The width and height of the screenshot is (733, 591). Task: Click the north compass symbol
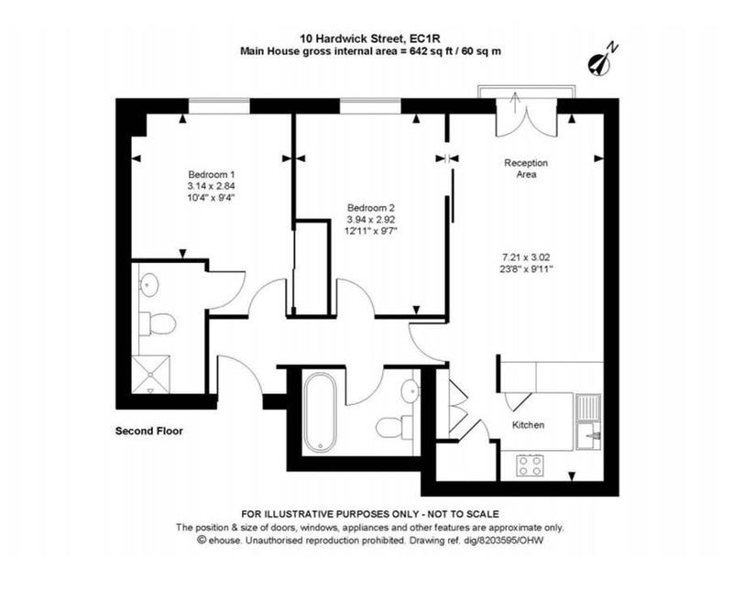pyautogui.click(x=602, y=60)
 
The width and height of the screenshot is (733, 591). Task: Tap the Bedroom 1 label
pyautogui.click(x=212, y=174)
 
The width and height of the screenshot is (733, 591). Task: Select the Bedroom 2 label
pyautogui.click(x=371, y=208)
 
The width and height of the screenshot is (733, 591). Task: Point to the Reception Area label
pyautogui.click(x=526, y=169)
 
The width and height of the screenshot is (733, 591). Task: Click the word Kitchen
pyautogui.click(x=529, y=425)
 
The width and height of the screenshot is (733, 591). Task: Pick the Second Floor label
pyautogui.click(x=149, y=431)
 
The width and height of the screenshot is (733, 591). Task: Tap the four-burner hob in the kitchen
pyautogui.click(x=531, y=465)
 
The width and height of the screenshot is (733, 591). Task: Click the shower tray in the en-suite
pyautogui.click(x=150, y=374)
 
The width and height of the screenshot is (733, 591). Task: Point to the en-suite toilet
pyautogui.click(x=158, y=323)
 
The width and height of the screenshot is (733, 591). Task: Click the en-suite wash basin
pyautogui.click(x=149, y=284)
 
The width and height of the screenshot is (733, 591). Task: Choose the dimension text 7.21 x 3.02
pyautogui.click(x=526, y=257)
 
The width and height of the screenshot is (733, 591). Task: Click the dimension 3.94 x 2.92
pyautogui.click(x=371, y=219)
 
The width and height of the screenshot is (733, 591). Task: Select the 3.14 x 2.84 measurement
pyautogui.click(x=211, y=186)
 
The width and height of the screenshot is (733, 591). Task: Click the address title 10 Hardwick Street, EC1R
pyautogui.click(x=371, y=38)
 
